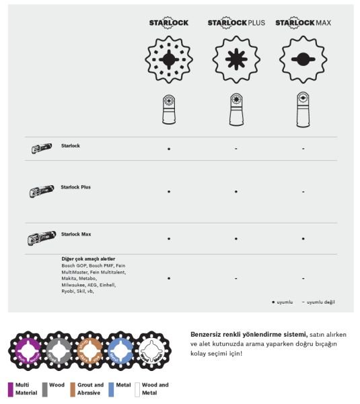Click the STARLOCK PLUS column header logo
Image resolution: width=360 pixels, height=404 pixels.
236,22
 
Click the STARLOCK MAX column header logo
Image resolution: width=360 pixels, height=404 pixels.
303,22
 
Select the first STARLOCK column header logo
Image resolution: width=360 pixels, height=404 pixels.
168,22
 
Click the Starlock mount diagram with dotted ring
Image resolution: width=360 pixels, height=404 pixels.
168,59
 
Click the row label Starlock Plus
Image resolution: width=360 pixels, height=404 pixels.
75,187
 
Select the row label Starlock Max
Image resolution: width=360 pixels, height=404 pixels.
75,234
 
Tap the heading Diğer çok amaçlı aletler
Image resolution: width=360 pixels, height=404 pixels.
88,259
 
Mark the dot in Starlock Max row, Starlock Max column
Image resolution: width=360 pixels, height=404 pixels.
303,238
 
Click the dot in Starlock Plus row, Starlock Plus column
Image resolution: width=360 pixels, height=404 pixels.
236,192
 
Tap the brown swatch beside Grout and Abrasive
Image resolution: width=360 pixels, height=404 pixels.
73,389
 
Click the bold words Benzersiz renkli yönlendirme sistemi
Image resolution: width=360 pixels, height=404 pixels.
250,334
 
